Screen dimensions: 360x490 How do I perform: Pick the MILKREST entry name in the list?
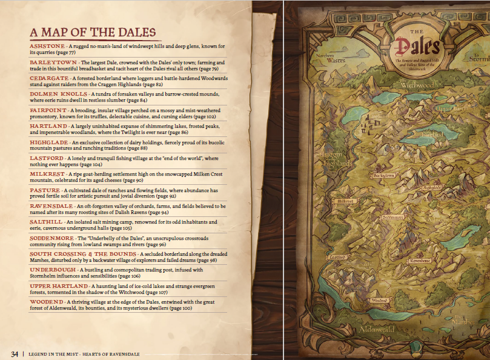47,173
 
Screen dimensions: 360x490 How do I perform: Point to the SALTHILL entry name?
45,222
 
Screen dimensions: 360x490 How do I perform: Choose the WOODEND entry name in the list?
46,301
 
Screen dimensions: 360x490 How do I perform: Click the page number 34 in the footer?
14,354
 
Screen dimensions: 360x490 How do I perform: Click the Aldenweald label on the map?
377,329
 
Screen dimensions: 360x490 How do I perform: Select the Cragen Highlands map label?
335,159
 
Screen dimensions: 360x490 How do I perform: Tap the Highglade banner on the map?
432,188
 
